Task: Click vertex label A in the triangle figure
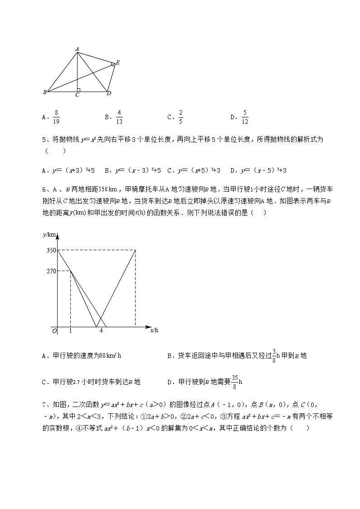tap(77, 48)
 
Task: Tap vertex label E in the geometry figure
tap(117, 63)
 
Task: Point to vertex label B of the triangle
tap(44, 92)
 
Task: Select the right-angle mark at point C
tap(78, 90)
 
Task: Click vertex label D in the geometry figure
tap(109, 93)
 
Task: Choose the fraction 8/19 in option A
tap(56, 117)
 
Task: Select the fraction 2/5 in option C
tap(180, 117)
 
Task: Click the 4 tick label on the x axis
tap(101, 331)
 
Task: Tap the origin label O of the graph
tap(54, 331)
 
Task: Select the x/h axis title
tap(154, 330)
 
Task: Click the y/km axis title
tap(49, 234)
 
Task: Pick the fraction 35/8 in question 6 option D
tap(234, 382)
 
